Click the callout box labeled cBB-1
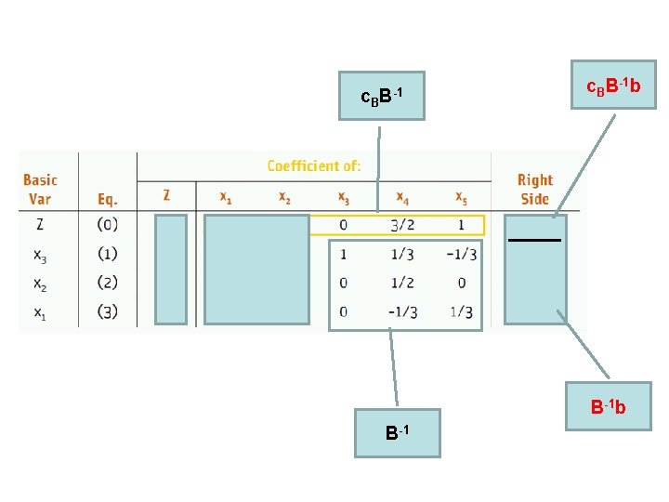[x=381, y=96]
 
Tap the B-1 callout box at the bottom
[x=398, y=433]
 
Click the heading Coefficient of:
[x=314, y=166]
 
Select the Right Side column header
[x=534, y=189]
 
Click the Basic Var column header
[x=40, y=189]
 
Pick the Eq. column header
[x=108, y=198]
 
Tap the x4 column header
[x=402, y=197]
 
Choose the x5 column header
[x=462, y=197]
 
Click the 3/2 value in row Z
[x=402, y=225]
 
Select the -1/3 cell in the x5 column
[x=462, y=254]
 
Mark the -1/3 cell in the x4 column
[x=402, y=312]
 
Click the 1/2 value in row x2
[x=402, y=283]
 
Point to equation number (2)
[x=108, y=283]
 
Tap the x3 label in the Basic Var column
[x=40, y=254]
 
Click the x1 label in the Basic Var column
[x=40, y=312]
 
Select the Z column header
[x=166, y=196]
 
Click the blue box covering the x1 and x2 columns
[x=256, y=270]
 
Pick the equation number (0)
[x=108, y=225]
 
